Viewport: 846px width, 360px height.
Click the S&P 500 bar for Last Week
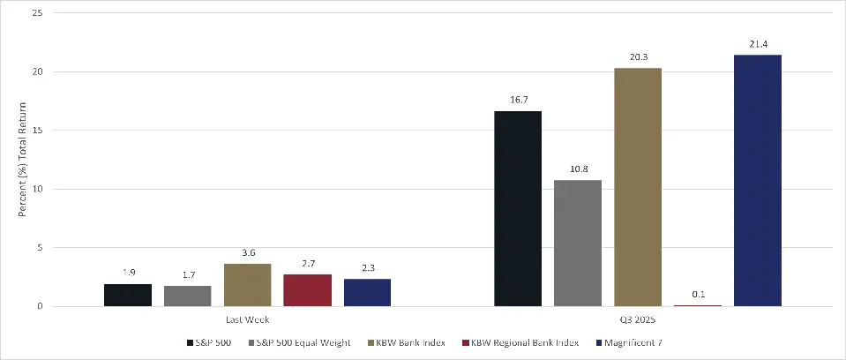pyautogui.click(x=127, y=295)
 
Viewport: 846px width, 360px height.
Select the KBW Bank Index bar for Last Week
pyautogui.click(x=247, y=285)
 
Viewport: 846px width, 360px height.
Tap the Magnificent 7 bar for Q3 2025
pyautogui.click(x=757, y=181)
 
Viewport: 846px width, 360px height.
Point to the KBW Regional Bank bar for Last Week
pyautogui.click(x=307, y=290)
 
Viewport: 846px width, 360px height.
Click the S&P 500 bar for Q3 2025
pyautogui.click(x=517, y=208)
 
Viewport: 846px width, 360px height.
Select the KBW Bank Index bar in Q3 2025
pyautogui.click(x=637, y=187)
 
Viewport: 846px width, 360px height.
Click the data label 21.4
pyautogui.click(x=757, y=44)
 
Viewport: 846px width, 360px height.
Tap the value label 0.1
pyautogui.click(x=697, y=295)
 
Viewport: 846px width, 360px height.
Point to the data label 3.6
pyautogui.click(x=247, y=253)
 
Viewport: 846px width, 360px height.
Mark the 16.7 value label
pyautogui.click(x=517, y=101)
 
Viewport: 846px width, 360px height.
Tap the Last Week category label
pyautogui.click(x=247, y=319)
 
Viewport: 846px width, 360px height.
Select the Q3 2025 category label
pyautogui.click(x=637, y=319)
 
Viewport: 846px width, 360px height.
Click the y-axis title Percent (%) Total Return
pyautogui.click(x=23, y=160)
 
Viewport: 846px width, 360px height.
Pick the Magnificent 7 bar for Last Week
pyautogui.click(x=367, y=292)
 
